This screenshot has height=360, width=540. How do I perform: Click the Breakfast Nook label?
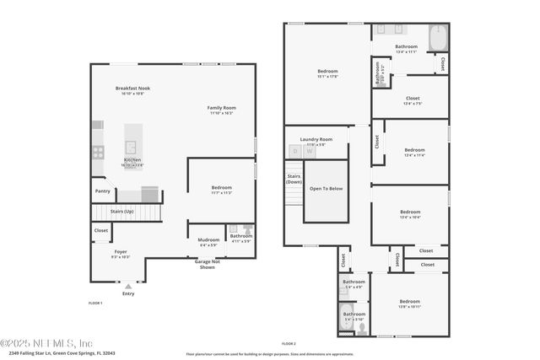pos(132,89)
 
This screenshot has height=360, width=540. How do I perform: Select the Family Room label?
pos(222,108)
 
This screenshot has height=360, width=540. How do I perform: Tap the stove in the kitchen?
pos(98,153)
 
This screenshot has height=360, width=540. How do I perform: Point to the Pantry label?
pos(103,191)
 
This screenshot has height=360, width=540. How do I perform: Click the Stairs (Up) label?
pos(122,211)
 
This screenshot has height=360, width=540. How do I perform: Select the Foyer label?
pos(121,251)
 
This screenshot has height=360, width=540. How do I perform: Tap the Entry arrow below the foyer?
pos(128,287)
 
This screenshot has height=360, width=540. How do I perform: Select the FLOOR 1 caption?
pos(95,303)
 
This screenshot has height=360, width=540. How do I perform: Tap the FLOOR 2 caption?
pos(289,343)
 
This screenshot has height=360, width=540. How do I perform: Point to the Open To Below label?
pos(326,189)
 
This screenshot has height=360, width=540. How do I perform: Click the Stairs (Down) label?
pos(294,179)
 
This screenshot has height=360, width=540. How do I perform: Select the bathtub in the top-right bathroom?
pos(438,39)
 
